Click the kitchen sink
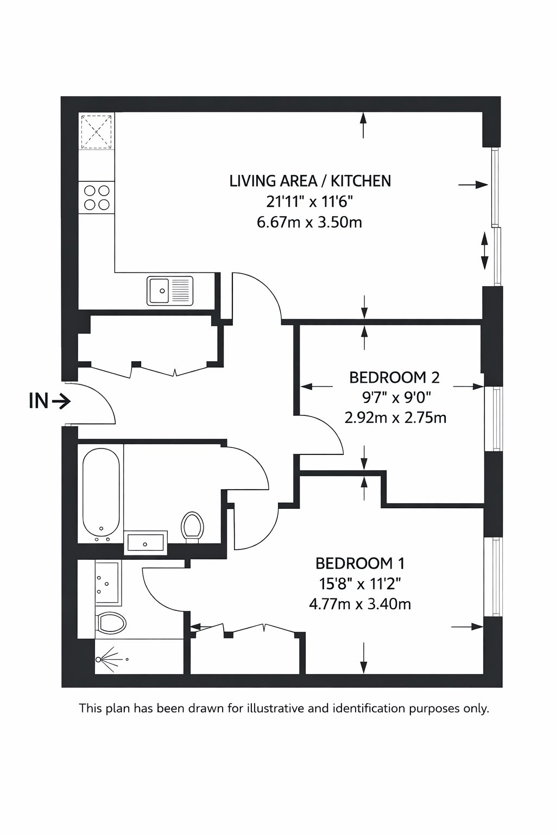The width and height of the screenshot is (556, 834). tap(170, 290)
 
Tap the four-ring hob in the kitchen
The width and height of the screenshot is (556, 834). tap(97, 198)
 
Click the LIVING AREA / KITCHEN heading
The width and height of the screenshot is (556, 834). tap(310, 181)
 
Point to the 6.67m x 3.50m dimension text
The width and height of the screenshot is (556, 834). tap(309, 223)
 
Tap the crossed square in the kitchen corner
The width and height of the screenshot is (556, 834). tap(97, 132)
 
